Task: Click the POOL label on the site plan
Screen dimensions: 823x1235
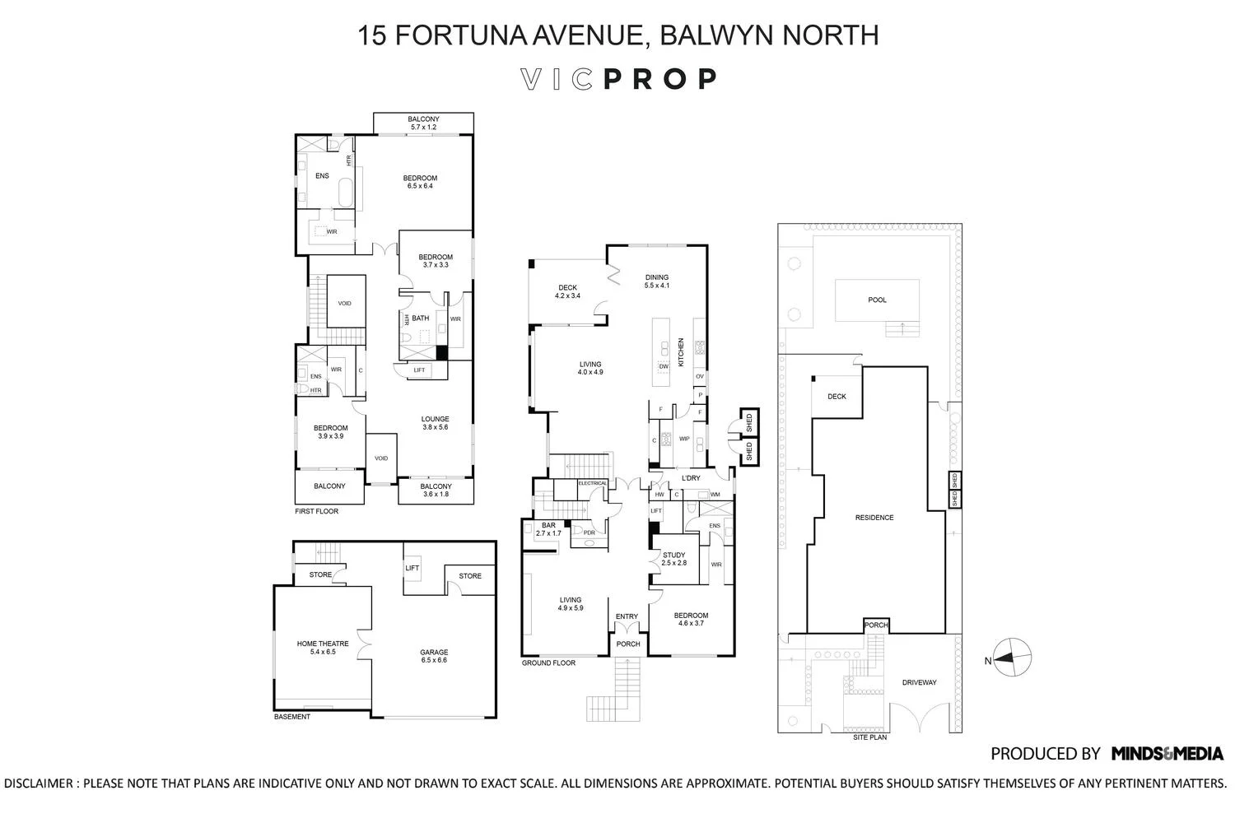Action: point(877,300)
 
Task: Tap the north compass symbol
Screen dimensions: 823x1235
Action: point(1012,658)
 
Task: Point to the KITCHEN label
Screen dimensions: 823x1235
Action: point(681,352)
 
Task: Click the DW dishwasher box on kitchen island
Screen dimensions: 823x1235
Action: point(663,365)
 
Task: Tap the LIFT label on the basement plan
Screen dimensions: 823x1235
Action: point(412,568)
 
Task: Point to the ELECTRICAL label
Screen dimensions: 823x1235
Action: point(592,483)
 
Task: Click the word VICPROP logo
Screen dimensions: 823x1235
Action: point(619,79)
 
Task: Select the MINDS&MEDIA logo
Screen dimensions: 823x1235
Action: point(1167,753)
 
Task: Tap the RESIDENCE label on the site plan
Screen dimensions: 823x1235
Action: point(874,518)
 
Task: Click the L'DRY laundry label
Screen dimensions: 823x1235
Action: point(690,478)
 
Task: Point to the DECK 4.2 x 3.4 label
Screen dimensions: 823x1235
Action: point(567,291)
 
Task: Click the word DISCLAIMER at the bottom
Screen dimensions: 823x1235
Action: point(39,783)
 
